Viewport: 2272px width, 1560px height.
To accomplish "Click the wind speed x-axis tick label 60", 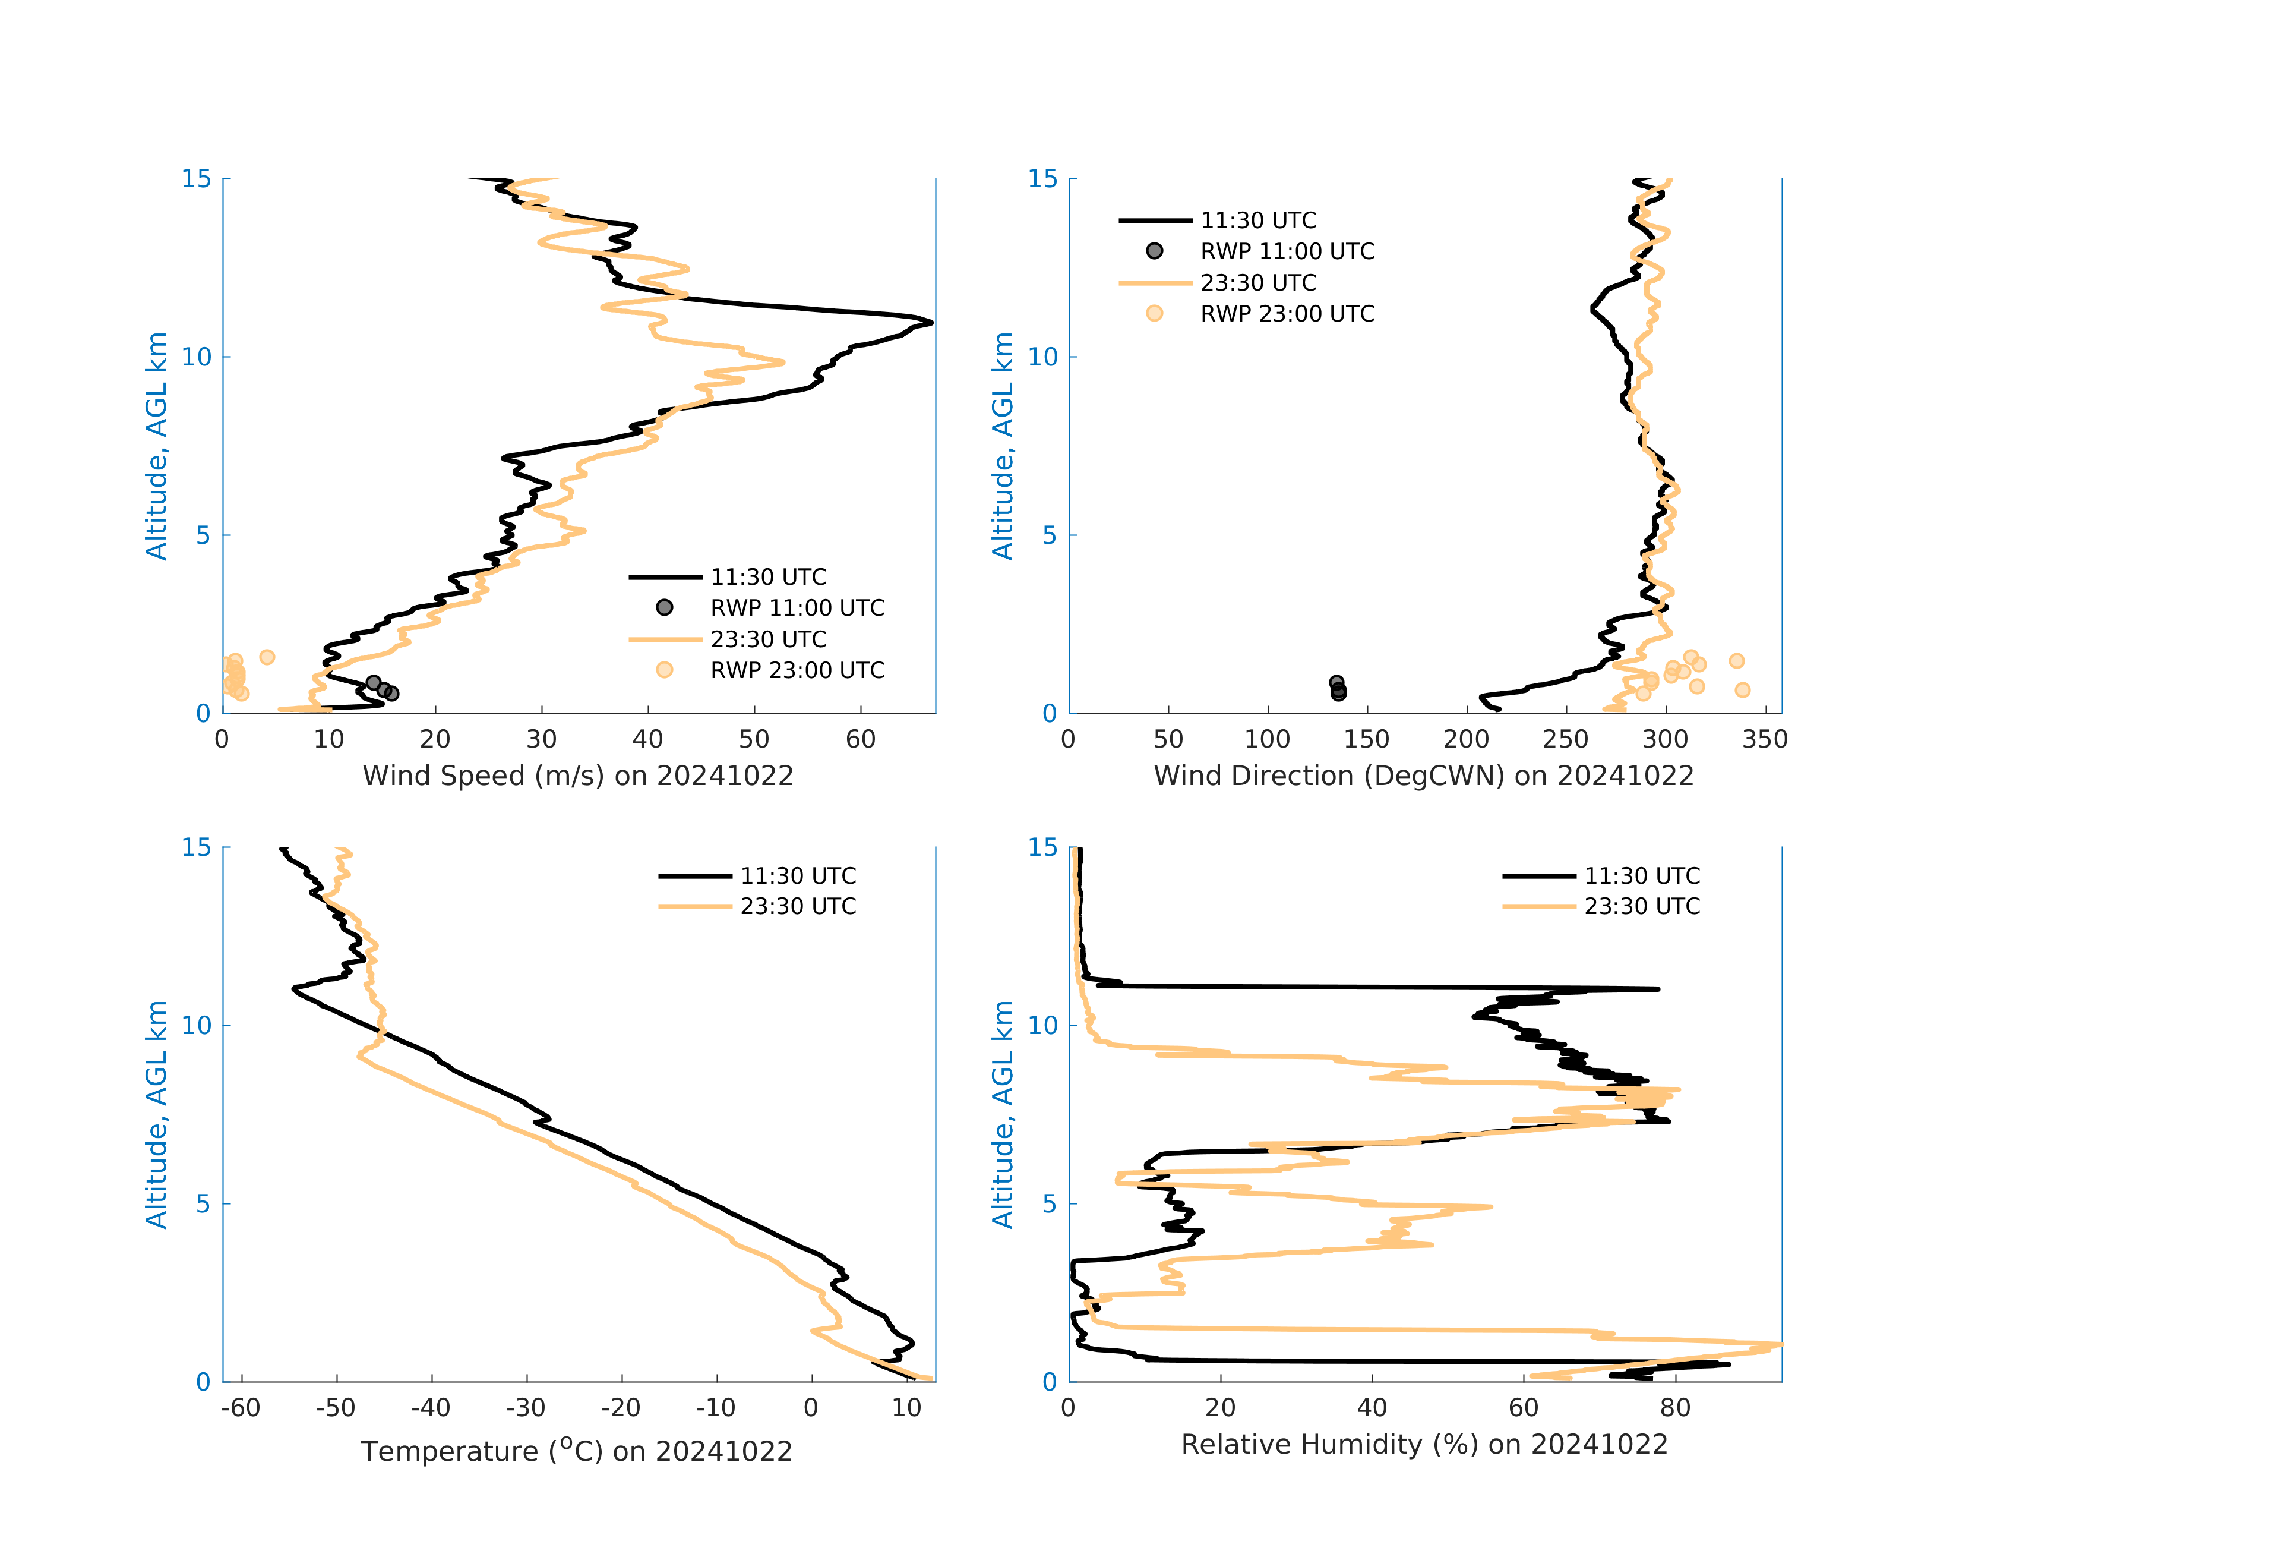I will tap(860, 739).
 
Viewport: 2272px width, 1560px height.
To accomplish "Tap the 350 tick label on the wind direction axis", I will tap(1765, 739).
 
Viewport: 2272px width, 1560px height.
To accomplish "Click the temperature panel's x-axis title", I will tap(577, 1451).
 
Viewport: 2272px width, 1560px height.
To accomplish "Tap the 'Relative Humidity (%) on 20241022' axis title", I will tap(1423, 1445).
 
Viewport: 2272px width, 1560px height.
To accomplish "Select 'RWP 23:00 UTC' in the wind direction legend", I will tap(1287, 314).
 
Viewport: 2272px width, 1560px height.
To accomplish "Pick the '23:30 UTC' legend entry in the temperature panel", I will tap(798, 907).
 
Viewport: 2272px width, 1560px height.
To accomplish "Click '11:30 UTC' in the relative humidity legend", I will tap(1641, 877).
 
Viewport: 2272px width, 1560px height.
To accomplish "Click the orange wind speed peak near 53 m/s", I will tap(782, 362).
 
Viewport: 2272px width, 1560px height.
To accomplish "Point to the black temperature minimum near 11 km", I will tap(294, 989).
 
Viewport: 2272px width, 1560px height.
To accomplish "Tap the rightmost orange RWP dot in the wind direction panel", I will tap(1742, 689).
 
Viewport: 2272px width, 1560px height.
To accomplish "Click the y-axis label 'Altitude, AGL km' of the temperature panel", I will tap(156, 1114).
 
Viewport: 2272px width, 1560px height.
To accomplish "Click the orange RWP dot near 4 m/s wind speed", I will tap(267, 657).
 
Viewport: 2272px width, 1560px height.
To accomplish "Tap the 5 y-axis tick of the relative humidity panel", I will tap(1049, 1204).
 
